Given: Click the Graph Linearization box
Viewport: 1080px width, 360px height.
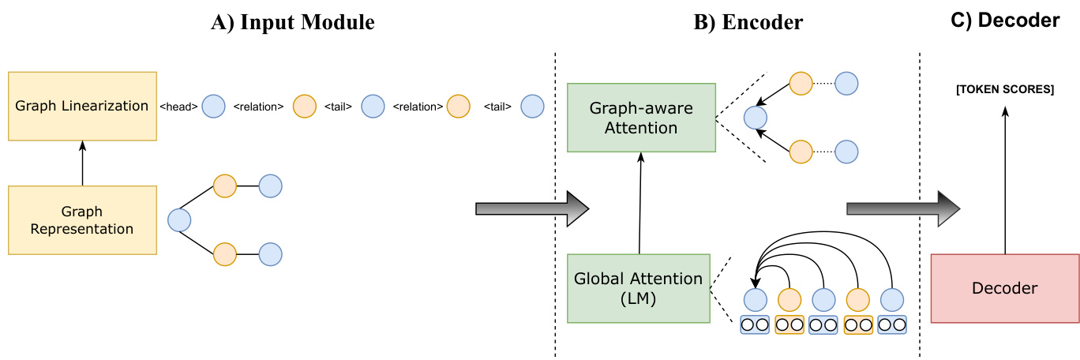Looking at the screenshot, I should coord(82,105).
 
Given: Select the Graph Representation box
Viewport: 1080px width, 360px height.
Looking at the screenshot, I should coord(82,220).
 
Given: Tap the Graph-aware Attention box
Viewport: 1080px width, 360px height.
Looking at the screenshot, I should coord(641,118).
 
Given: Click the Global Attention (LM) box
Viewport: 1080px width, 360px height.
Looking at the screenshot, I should coord(639,288).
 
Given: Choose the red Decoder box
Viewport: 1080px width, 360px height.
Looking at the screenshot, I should coord(1005,288).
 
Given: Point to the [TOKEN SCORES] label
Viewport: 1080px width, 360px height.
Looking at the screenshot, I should coord(1004,90).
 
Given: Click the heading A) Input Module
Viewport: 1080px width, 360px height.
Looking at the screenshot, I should coord(292,23).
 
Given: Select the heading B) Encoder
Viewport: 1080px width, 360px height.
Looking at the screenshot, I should coord(748,23).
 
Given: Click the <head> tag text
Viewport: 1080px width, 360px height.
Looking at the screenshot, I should coord(178,107).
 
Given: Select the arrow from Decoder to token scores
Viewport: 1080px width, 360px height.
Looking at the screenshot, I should coord(1005,182).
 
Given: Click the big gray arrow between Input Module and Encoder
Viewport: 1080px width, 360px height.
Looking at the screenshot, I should coord(532,208).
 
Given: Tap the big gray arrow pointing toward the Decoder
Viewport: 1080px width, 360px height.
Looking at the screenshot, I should coord(902,208).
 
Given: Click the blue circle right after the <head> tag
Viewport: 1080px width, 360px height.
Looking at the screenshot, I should coord(213,106).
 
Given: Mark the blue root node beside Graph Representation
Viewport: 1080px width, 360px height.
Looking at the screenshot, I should coord(180,219).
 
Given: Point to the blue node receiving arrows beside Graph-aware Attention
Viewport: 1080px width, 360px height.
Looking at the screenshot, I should coord(756,118).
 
